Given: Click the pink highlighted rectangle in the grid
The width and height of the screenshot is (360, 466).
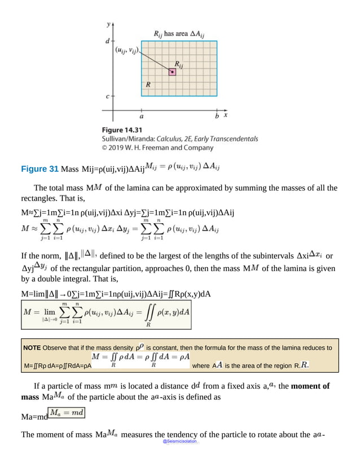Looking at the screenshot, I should click(x=172, y=72).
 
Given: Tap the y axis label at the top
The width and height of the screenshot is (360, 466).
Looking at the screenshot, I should click(x=108, y=25).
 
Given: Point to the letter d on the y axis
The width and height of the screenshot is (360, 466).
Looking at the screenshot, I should click(x=107, y=41).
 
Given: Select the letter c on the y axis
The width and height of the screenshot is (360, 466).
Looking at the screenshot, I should click(x=107, y=97).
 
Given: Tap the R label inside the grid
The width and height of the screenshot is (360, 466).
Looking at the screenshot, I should click(x=148, y=85).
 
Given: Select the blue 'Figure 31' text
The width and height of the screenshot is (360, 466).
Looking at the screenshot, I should click(x=39, y=168).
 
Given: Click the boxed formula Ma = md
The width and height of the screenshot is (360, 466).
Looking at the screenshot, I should click(x=67, y=413).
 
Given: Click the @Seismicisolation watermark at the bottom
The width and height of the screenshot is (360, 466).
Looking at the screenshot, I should click(x=180, y=439).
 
